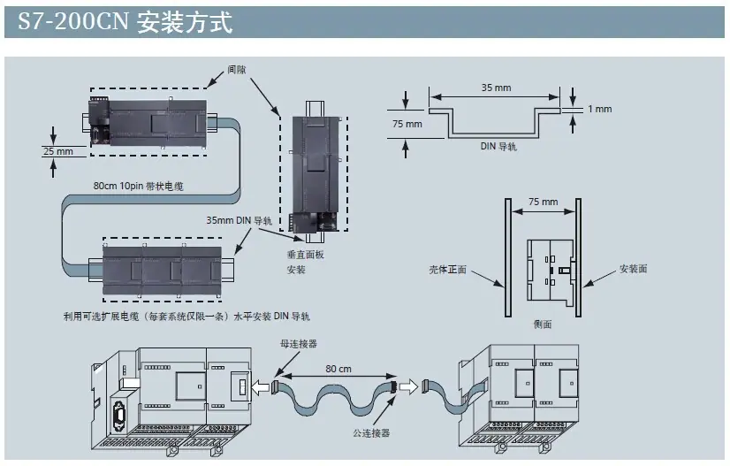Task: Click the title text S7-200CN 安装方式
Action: [125, 22]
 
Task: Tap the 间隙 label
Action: [237, 70]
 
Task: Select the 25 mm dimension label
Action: [58, 151]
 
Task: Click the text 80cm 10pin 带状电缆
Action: [138, 186]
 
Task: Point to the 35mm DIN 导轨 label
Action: [240, 220]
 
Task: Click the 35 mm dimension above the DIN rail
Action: [496, 88]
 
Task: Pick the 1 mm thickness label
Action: [599, 109]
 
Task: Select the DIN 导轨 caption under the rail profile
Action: [498, 146]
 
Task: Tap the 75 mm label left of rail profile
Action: [407, 124]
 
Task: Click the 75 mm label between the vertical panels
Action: [543, 202]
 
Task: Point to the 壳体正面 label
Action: [447, 270]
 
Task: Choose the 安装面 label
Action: [633, 269]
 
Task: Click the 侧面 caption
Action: [543, 324]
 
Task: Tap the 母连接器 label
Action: [299, 344]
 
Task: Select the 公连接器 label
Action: [371, 433]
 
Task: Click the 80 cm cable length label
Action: [338, 369]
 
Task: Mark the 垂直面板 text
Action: [306, 255]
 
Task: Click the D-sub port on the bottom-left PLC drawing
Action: [118, 416]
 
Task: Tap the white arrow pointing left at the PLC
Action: [261, 386]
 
